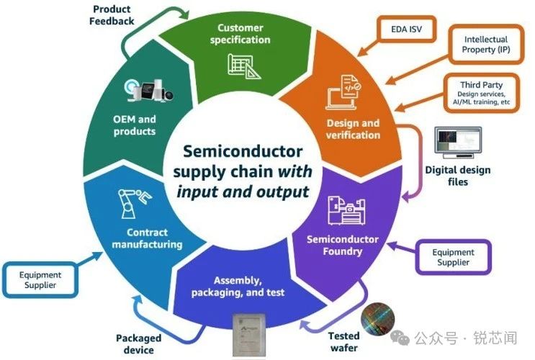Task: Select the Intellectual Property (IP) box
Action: [x=485, y=45]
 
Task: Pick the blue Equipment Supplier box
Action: [x=40, y=280]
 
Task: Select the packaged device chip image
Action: [x=251, y=334]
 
